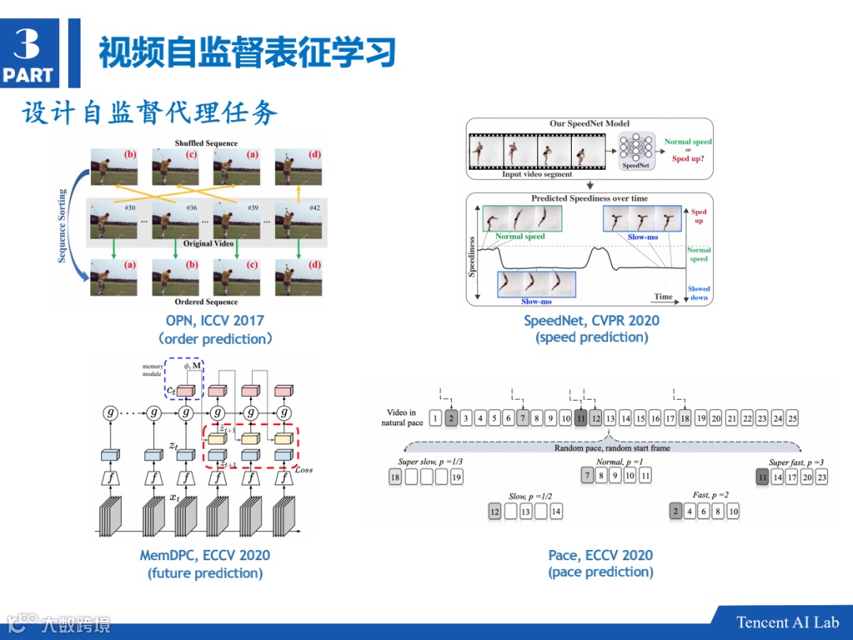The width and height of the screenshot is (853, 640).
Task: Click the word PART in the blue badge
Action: pos(28,75)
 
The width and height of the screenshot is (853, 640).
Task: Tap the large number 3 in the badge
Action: pos(27,43)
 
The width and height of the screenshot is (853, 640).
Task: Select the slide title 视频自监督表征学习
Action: pos(246,53)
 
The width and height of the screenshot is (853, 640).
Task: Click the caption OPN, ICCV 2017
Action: pos(215,321)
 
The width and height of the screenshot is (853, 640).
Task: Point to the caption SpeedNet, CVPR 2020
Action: pos(592,320)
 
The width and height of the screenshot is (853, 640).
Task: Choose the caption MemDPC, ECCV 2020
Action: pos(205,555)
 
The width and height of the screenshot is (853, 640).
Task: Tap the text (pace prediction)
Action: pos(600,572)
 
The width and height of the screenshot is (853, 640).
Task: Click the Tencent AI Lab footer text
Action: pos(787,622)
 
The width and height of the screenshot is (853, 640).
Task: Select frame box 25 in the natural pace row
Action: pos(792,418)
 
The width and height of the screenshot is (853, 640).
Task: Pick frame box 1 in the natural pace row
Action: pos(435,418)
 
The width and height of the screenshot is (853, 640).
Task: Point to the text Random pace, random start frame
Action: pos(611,448)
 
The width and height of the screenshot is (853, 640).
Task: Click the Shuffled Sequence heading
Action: pos(205,144)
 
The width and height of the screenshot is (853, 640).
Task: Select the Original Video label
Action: pos(209,243)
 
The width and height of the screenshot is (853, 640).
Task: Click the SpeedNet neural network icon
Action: pos(636,147)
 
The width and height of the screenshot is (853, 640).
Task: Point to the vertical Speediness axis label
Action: pos(472,254)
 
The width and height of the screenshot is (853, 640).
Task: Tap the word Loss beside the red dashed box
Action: pos(303,470)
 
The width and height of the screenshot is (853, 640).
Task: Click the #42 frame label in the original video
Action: pos(314,208)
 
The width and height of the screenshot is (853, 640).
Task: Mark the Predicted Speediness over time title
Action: pos(588,198)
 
